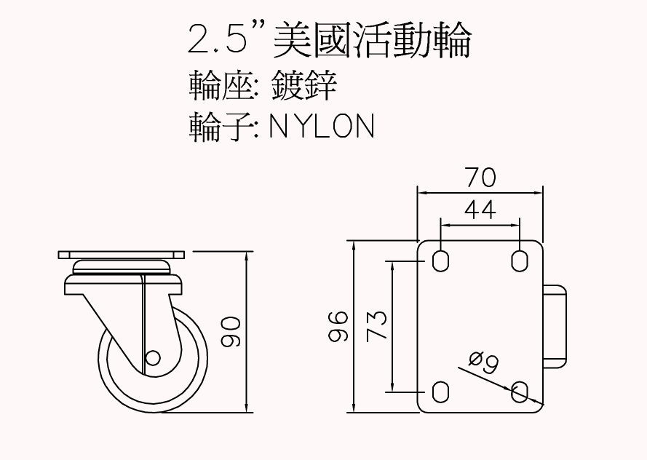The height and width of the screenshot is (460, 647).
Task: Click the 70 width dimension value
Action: click(x=480, y=177)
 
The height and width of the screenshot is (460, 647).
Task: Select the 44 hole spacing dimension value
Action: click(x=480, y=210)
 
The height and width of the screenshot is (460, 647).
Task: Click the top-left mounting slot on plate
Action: click(x=440, y=261)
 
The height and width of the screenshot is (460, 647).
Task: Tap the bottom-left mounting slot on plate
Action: click(x=440, y=392)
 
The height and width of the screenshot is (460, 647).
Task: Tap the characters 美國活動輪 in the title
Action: click(x=371, y=40)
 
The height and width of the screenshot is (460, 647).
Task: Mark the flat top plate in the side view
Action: click(x=122, y=255)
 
